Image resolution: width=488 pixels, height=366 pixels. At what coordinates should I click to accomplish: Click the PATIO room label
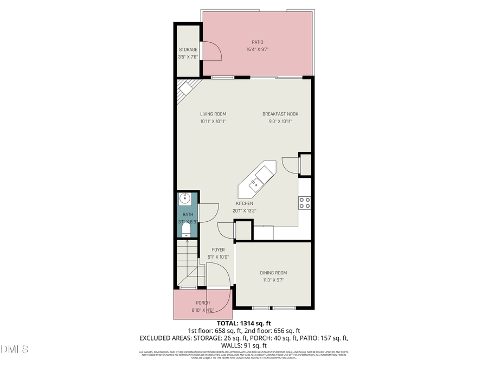[x=257, y=41]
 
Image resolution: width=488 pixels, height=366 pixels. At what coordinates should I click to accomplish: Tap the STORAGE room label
[x=188, y=49]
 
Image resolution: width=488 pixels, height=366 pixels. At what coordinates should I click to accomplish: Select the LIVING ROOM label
[x=213, y=114]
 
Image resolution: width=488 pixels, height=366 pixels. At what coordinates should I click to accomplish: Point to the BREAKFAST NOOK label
[x=280, y=114]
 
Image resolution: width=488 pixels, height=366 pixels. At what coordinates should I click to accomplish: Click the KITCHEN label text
[x=244, y=203]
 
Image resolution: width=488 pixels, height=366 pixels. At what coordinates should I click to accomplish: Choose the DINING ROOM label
[x=273, y=273]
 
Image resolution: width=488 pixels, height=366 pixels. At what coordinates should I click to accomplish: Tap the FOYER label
[x=218, y=250]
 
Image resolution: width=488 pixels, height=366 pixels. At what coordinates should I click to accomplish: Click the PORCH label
[x=203, y=303]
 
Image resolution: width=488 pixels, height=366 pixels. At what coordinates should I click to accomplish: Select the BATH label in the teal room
[x=188, y=215]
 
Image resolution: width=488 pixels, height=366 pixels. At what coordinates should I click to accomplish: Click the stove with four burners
[x=305, y=203]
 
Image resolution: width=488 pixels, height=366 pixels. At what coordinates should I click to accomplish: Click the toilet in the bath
[x=185, y=232]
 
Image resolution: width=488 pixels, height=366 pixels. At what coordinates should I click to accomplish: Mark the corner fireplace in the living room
[x=188, y=87]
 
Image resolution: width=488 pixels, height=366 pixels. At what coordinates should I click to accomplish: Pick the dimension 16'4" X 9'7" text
[x=257, y=49]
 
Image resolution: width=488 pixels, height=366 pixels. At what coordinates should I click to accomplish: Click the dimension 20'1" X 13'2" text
[x=244, y=211]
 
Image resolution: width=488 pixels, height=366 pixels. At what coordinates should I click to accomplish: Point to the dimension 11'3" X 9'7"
[x=273, y=280]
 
